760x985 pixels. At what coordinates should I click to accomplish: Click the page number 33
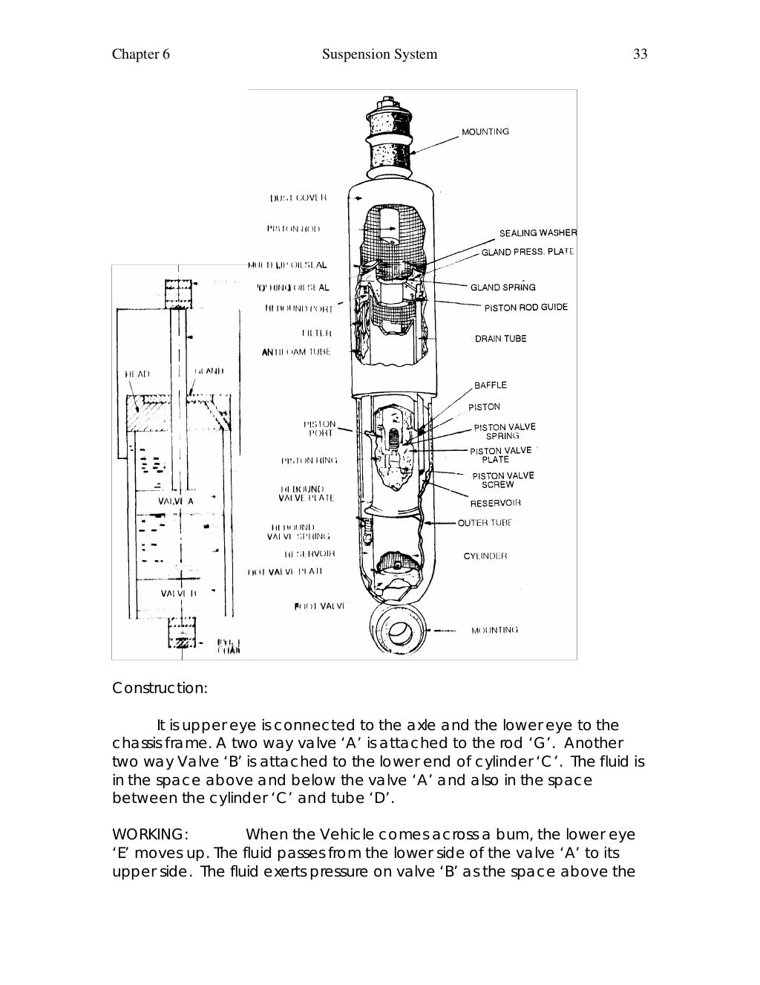641,54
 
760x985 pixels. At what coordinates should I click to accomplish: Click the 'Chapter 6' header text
141,54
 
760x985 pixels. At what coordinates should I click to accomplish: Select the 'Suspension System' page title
380,54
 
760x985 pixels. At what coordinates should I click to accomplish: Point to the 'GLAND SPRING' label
502,287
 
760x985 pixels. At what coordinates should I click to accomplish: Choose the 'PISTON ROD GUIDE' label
525,308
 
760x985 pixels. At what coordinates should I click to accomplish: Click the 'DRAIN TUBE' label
500,339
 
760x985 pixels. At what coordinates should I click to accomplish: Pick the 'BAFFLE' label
490,385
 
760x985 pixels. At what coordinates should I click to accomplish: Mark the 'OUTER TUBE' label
485,523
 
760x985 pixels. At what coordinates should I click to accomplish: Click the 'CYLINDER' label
485,556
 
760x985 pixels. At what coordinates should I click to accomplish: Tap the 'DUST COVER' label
298,198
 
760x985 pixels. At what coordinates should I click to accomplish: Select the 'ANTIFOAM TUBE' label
295,352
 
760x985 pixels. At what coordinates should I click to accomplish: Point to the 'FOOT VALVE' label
319,606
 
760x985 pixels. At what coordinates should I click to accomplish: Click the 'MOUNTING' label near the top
485,132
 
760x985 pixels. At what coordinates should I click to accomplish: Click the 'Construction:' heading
160,688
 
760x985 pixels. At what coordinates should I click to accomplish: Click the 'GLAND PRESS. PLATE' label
528,253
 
